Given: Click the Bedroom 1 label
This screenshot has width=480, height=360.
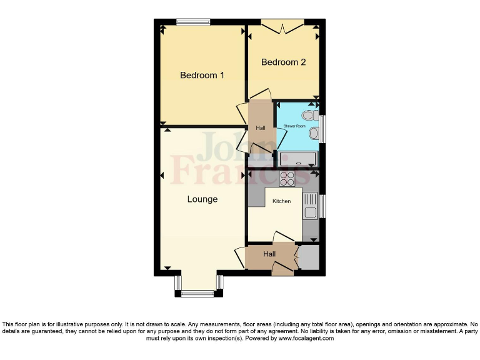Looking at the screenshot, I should click(x=202, y=76).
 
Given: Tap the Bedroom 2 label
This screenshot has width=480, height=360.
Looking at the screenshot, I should click(x=283, y=62).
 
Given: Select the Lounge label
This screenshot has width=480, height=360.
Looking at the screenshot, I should click(x=202, y=199).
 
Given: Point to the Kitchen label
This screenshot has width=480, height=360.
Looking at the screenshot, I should click(x=281, y=201).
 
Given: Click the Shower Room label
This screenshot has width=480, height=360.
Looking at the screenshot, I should click(x=294, y=126).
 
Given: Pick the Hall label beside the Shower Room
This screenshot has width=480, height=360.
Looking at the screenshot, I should click(x=261, y=128).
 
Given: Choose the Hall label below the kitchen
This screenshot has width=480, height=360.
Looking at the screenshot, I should click(x=269, y=254).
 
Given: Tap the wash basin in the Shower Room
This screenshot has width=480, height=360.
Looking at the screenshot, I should click(x=314, y=133).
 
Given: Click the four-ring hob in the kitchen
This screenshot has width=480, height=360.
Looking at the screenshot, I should click(x=287, y=179).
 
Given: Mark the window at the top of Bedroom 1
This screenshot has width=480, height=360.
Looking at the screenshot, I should click(x=192, y=22).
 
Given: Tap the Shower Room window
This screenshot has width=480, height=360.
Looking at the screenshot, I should click(x=322, y=128).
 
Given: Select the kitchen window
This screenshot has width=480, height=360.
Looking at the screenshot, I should click(x=322, y=207).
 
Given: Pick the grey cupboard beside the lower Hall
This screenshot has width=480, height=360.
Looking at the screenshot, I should click(x=309, y=257).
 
